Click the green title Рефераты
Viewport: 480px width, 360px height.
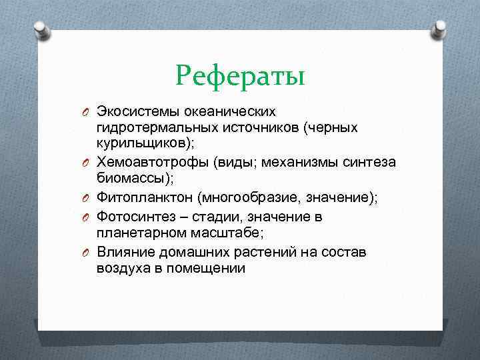pyautogui.click(x=241, y=75)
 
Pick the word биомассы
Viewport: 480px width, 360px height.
pyautogui.click(x=131, y=179)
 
